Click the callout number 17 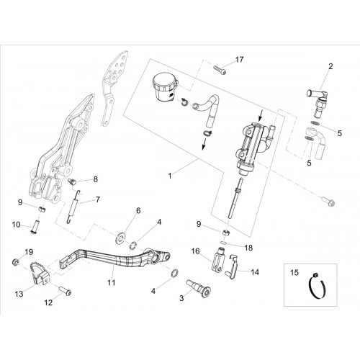click(x=239, y=59)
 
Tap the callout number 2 click(x=330, y=66)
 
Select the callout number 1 click(x=170, y=176)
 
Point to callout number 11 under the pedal click(x=112, y=282)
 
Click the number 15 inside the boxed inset click(x=294, y=273)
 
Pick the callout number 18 click(x=248, y=248)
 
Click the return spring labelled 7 click(x=73, y=207)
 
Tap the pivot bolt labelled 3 click(x=197, y=288)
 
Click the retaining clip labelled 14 click(x=232, y=268)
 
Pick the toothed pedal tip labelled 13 click(x=40, y=274)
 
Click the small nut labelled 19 click(x=15, y=262)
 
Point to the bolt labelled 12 click(x=65, y=289)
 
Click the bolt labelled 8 click(x=72, y=181)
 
